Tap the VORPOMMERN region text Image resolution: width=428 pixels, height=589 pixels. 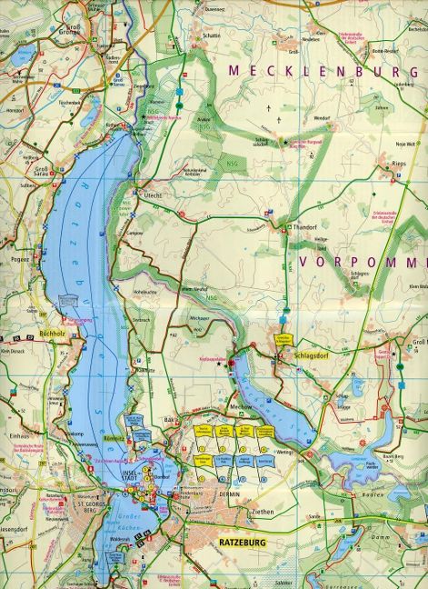(362, 262)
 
